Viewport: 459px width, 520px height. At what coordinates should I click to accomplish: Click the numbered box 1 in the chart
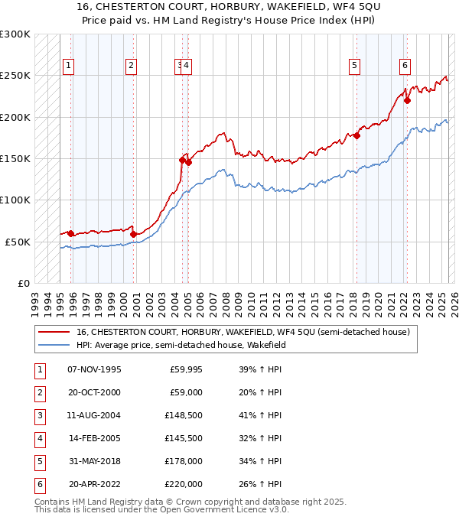(x=69, y=66)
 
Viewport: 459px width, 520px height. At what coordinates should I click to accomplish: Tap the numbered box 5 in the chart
(x=355, y=66)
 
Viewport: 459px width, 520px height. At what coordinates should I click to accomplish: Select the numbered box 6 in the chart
(x=404, y=66)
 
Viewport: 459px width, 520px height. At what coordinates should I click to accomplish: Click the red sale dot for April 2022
(x=407, y=100)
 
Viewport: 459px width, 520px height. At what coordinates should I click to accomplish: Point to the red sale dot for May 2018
(x=356, y=135)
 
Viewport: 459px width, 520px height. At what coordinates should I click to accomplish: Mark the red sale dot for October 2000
(x=133, y=233)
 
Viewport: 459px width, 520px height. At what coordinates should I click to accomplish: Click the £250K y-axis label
(x=15, y=76)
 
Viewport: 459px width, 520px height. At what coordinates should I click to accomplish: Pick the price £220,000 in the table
(x=185, y=484)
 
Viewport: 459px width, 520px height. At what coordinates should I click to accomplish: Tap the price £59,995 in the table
(x=185, y=370)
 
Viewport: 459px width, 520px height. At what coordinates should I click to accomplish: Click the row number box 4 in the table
(x=39, y=439)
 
